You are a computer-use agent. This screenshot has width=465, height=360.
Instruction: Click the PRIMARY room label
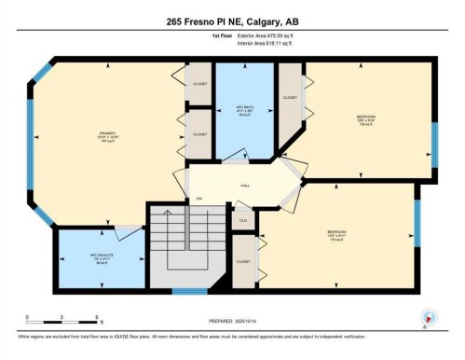coord(111,137)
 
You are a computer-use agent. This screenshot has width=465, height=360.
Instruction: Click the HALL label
coord(245,186)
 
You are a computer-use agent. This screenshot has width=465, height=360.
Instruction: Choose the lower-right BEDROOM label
coord(337,233)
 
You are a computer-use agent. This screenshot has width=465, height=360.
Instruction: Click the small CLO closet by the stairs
coord(242,220)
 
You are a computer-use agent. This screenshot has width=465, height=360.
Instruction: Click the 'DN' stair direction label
coord(198,200)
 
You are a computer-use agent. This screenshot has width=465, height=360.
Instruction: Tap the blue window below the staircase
coord(189,293)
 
